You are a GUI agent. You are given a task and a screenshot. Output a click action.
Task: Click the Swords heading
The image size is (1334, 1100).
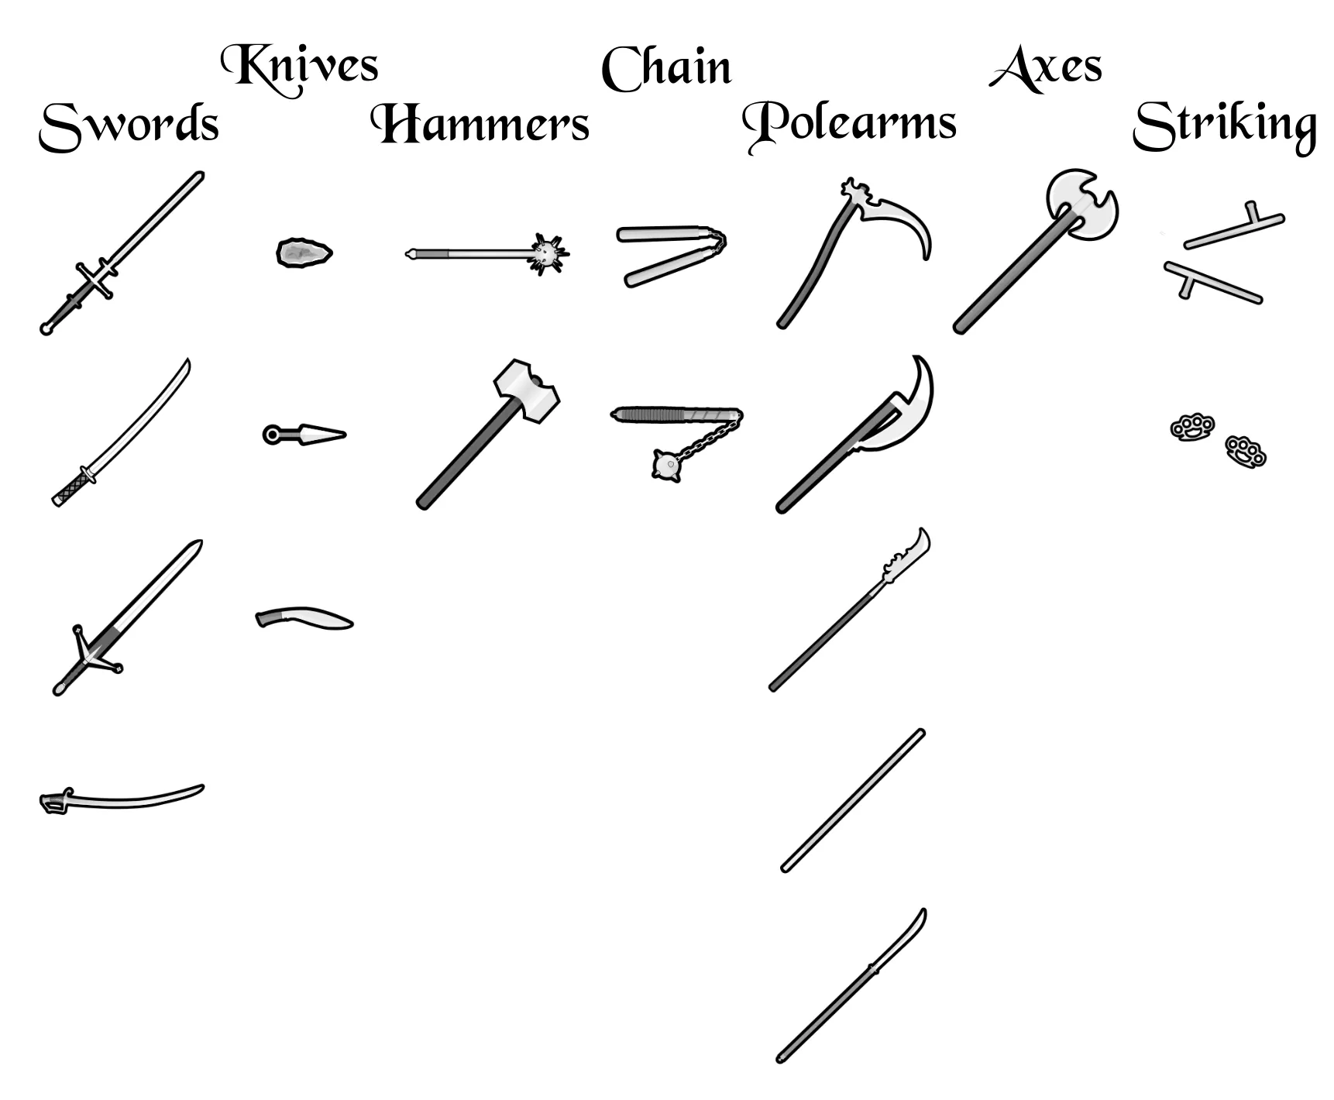[x=129, y=125]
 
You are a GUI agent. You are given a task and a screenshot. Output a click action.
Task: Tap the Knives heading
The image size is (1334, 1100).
[x=300, y=67]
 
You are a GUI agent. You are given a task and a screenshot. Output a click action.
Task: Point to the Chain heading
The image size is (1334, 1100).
[x=666, y=68]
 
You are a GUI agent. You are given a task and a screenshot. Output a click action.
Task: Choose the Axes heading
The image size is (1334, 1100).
[x=1046, y=68]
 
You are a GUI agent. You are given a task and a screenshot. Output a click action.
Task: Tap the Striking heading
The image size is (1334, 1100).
[x=1224, y=125]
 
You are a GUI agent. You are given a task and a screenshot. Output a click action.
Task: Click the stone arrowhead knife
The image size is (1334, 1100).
[x=304, y=253]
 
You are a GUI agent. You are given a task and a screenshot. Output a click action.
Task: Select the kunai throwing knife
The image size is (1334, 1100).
[x=304, y=435]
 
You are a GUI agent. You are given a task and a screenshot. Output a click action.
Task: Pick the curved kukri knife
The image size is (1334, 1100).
[x=304, y=619]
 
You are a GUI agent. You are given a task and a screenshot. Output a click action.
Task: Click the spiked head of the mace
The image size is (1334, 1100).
[x=548, y=252]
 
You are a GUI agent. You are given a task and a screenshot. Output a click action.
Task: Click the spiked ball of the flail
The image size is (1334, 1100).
[x=666, y=466]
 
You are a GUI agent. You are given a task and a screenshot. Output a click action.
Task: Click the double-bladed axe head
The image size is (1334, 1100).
[x=1082, y=205]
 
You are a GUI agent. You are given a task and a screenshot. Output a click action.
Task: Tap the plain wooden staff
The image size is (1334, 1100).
[x=852, y=801]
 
